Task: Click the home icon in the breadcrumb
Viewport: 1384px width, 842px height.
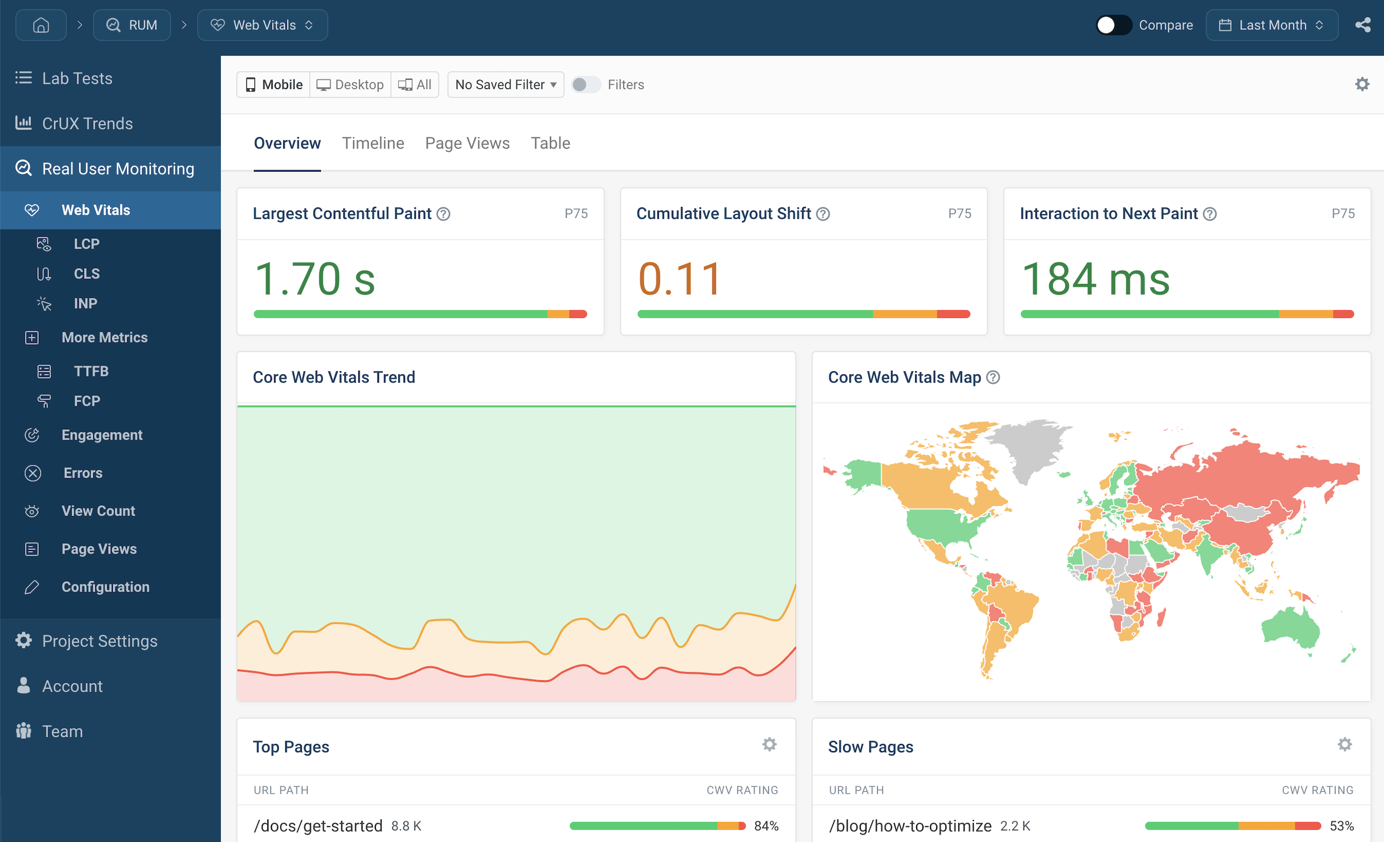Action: pyautogui.click(x=41, y=25)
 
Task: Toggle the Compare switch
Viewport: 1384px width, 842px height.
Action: pyautogui.click(x=1113, y=25)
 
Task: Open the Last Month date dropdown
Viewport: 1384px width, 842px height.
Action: pyautogui.click(x=1271, y=25)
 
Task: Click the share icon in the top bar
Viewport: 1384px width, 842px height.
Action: pyautogui.click(x=1363, y=25)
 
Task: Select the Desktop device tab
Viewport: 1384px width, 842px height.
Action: pyautogui.click(x=350, y=85)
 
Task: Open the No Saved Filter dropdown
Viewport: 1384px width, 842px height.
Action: pyautogui.click(x=506, y=85)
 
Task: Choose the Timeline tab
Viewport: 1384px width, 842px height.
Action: pyautogui.click(x=373, y=143)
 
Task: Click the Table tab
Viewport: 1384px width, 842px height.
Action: pyautogui.click(x=550, y=143)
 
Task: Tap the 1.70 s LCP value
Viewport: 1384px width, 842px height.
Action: pyautogui.click(x=315, y=279)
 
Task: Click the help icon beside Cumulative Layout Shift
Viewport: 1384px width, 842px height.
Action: pyautogui.click(x=823, y=214)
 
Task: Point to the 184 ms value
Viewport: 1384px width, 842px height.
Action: pyautogui.click(x=1095, y=279)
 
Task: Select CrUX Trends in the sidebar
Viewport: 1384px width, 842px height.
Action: pyautogui.click(x=87, y=123)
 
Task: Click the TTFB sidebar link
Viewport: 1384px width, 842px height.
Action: pyautogui.click(x=91, y=371)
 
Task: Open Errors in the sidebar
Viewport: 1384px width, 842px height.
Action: pyautogui.click(x=83, y=473)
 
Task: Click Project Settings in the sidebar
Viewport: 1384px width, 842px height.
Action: pyautogui.click(x=100, y=640)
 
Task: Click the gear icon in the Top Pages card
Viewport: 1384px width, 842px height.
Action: pyautogui.click(x=769, y=744)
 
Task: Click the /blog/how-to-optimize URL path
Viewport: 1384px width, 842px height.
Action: pyautogui.click(x=910, y=826)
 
